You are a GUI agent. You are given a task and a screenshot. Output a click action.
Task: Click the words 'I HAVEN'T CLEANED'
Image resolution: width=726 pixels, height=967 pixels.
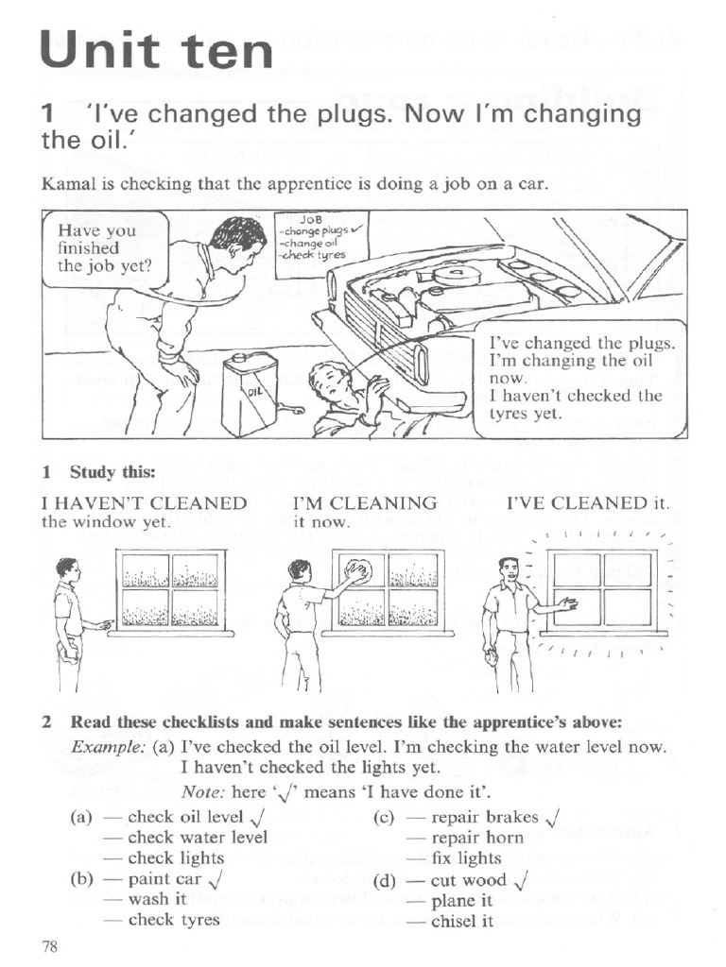(x=145, y=503)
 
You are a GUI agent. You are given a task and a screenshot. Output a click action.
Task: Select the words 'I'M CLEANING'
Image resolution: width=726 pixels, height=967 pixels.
(x=366, y=503)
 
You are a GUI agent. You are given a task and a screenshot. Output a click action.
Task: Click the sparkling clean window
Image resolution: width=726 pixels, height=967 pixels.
(x=602, y=593)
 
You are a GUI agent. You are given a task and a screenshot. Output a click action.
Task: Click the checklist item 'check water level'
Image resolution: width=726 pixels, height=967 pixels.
(x=198, y=837)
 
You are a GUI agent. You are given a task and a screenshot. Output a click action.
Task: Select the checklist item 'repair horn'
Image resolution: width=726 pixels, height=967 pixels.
(x=477, y=837)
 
